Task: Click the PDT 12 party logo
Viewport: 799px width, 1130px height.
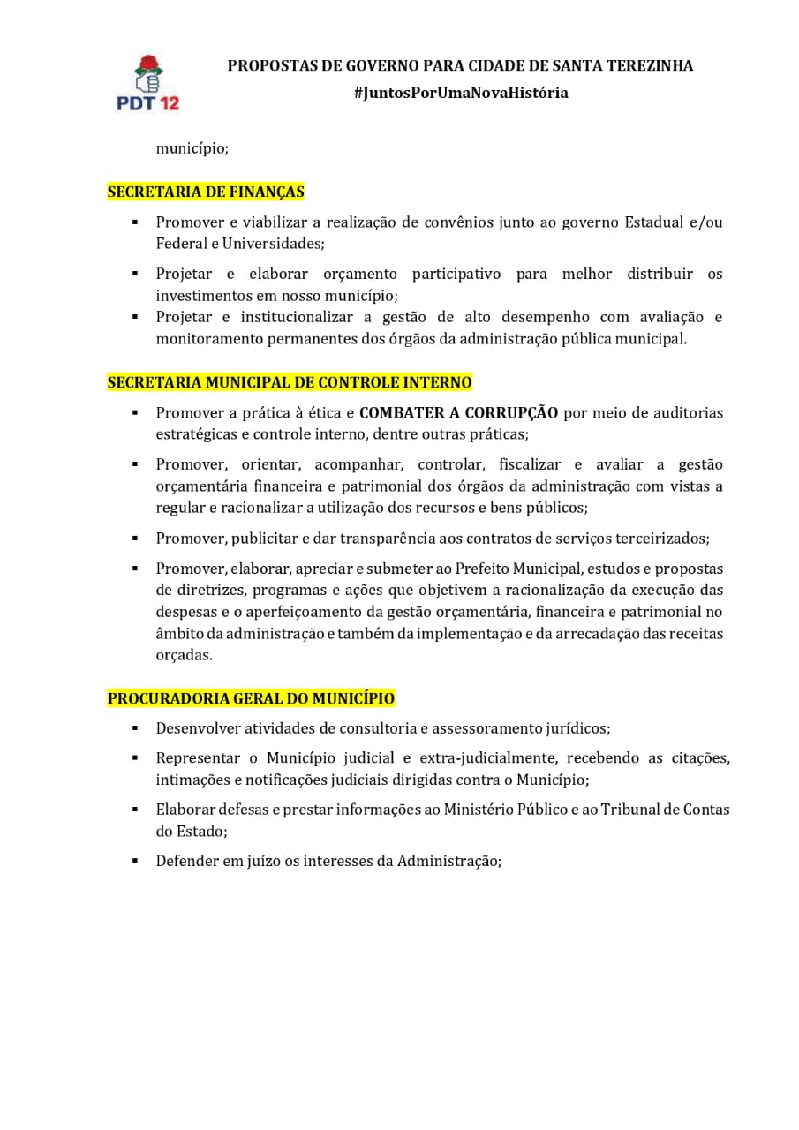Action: [147, 82]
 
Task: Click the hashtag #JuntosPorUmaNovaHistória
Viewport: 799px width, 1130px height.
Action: [460, 93]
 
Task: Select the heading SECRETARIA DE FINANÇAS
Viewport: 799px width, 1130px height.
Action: [206, 192]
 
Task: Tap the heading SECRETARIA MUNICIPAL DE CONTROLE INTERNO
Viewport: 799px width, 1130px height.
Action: [290, 382]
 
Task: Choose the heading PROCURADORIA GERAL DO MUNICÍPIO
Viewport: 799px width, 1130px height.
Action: [251, 698]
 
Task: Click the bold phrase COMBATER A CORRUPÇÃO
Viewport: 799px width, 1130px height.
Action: [458, 412]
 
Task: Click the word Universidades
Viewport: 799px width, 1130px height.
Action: [274, 244]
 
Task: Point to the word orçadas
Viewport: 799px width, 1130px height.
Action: [184, 655]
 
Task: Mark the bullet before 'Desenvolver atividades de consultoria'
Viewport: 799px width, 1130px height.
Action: [135, 728]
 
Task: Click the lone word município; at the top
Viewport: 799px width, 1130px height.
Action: [192, 148]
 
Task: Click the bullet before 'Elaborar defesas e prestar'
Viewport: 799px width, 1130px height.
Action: [135, 810]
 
